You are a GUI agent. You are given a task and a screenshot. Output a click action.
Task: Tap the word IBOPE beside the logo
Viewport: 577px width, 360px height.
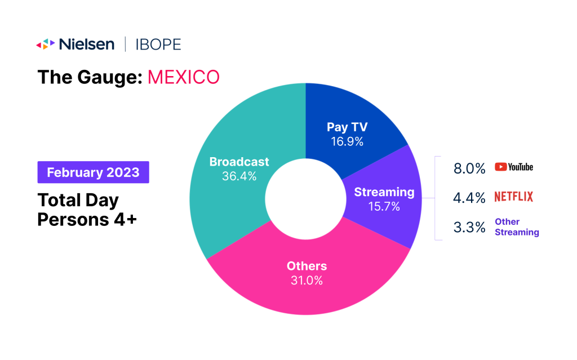pyautogui.click(x=158, y=45)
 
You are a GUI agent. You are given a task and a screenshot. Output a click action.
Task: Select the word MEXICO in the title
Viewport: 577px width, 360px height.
pyautogui.click(x=183, y=77)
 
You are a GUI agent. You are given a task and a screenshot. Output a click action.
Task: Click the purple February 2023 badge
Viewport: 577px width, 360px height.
pyautogui.click(x=93, y=172)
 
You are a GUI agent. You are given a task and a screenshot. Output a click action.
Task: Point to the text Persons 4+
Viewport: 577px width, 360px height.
pyautogui.click(x=87, y=220)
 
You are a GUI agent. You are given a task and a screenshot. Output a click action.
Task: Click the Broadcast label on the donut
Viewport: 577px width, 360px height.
pyautogui.click(x=239, y=162)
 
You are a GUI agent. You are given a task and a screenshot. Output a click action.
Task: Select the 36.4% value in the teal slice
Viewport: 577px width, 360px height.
pyautogui.click(x=239, y=176)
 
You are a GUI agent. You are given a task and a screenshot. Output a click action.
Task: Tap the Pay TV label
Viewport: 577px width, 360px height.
pyautogui.click(x=347, y=127)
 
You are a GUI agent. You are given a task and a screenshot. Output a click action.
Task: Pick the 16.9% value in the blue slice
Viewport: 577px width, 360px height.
pyautogui.click(x=347, y=141)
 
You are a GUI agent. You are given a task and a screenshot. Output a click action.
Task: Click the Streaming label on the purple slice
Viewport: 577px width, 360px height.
pyautogui.click(x=384, y=192)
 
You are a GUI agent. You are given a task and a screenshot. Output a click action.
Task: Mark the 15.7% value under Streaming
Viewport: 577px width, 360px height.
pyautogui.click(x=384, y=206)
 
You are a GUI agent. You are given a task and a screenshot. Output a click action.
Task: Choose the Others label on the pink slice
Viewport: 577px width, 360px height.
pyautogui.click(x=307, y=266)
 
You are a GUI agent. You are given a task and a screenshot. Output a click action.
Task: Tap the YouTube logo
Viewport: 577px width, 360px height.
pyautogui.click(x=513, y=167)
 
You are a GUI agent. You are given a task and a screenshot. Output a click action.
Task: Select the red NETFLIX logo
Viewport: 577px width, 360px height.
pyautogui.click(x=513, y=197)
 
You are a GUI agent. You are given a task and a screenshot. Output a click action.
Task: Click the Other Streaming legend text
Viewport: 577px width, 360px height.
pyautogui.click(x=516, y=227)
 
